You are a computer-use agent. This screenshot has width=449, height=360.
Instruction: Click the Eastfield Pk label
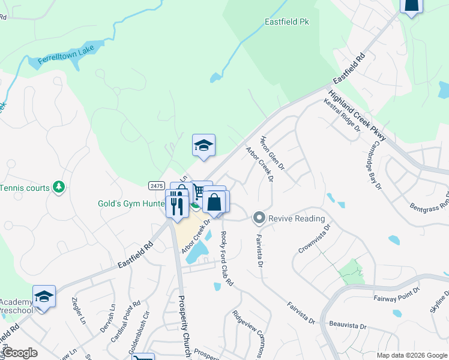[x=287, y=22]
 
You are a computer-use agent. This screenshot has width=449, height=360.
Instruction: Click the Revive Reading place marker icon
[x=259, y=218]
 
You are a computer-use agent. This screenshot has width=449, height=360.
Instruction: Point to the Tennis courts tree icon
[x=58, y=188]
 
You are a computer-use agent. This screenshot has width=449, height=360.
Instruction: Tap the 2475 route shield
[x=157, y=186]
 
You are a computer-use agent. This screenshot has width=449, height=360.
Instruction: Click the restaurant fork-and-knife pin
[x=177, y=204]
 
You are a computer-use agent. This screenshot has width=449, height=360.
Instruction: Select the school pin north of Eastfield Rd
[x=203, y=145]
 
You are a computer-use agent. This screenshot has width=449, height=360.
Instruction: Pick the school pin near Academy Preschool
[x=44, y=298]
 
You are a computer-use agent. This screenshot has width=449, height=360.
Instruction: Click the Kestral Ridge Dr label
[x=342, y=116]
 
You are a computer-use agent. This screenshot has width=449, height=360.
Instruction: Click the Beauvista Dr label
[x=348, y=325]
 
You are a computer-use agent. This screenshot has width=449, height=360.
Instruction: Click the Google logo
[x=20, y=353]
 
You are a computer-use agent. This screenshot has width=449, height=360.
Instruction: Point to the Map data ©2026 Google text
[x=411, y=355]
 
